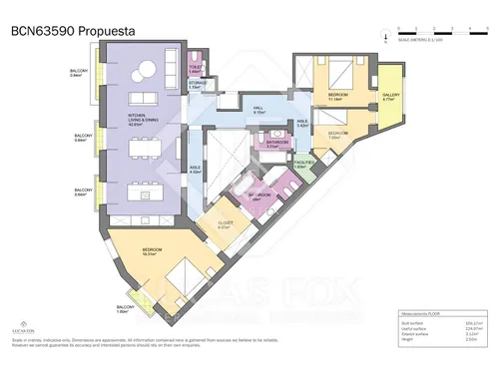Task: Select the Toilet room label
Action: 196,71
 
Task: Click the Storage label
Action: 197,86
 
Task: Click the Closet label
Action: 225,225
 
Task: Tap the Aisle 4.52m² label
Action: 197,171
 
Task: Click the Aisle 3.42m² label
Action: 302,125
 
